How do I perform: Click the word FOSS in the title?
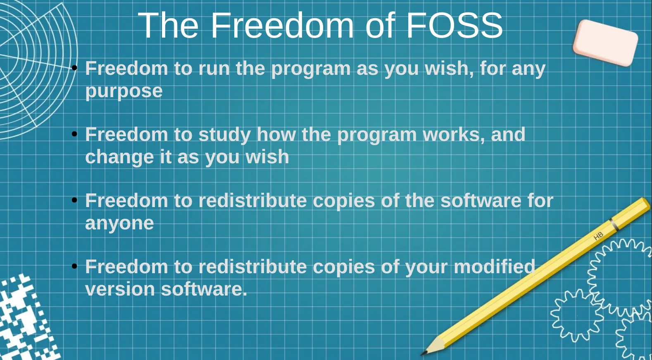tap(454, 25)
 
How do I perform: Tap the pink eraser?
tap(605, 43)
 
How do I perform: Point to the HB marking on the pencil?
tap(598, 236)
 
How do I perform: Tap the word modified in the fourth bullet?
tap(495, 267)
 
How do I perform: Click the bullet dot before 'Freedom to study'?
tap(74, 134)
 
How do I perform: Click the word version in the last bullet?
tap(120, 289)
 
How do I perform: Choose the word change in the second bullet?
tap(119, 157)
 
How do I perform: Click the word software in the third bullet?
tap(481, 201)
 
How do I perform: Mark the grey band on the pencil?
tap(614, 225)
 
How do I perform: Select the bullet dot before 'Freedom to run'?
tap(74, 68)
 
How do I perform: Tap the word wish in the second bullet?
tap(267, 157)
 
